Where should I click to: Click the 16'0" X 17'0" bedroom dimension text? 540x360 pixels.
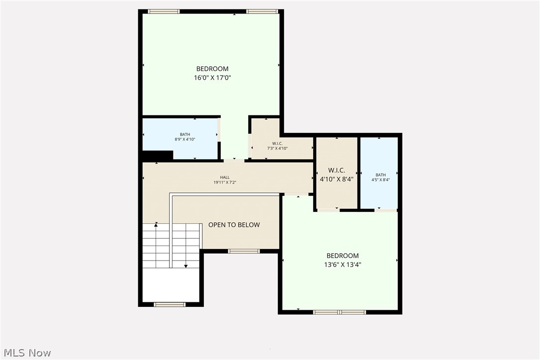(x=212, y=78)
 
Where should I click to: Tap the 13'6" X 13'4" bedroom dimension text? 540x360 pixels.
(x=343, y=265)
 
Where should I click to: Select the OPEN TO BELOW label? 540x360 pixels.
(x=234, y=225)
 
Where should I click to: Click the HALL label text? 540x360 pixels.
(x=225, y=177)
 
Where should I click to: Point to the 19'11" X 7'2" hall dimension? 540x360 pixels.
(x=225, y=182)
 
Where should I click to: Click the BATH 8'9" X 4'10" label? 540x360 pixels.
(x=185, y=137)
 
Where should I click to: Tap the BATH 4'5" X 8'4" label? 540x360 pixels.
(x=380, y=177)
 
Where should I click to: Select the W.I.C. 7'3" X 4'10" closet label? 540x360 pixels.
(x=277, y=146)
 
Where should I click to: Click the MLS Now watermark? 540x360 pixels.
(x=26, y=353)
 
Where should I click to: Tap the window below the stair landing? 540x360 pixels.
(x=170, y=304)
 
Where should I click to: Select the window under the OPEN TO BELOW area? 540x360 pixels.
(x=244, y=251)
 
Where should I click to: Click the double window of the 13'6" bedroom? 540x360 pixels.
(x=340, y=312)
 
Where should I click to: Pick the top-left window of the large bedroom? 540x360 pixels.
(x=164, y=11)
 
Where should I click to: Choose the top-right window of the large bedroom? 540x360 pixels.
(x=263, y=11)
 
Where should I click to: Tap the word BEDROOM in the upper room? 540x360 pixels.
(x=212, y=69)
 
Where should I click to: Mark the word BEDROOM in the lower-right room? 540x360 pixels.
(x=343, y=256)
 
